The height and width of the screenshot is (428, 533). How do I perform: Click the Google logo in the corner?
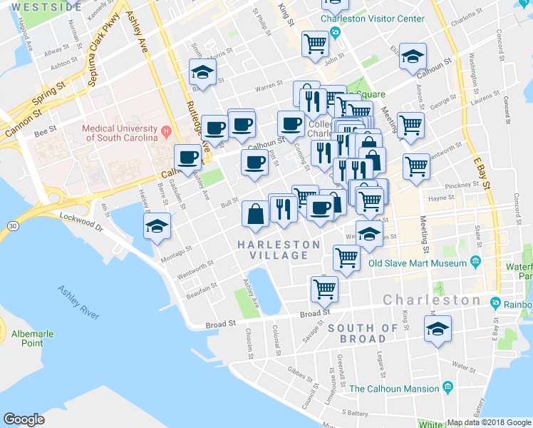tap(24, 419)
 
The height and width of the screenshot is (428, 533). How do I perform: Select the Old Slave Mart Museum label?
tap(417, 263)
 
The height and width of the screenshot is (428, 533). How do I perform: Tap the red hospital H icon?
tap(166, 131)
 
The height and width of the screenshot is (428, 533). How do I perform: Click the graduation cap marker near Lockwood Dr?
tap(157, 227)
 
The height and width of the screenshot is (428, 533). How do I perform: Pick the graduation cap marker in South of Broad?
tap(435, 328)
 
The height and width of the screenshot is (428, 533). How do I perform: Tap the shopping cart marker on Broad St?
tap(324, 289)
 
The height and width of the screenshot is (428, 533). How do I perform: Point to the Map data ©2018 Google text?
tap(489, 422)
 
